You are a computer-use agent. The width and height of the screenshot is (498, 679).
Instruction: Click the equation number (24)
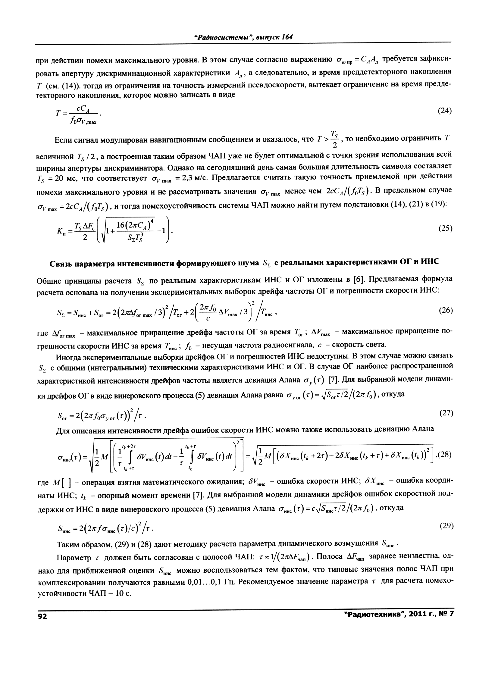(445, 111)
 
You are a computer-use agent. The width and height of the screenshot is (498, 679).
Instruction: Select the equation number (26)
(445, 310)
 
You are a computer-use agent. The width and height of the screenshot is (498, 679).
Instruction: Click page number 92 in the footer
(42, 616)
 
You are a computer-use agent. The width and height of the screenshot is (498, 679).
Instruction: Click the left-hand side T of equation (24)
(58, 114)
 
